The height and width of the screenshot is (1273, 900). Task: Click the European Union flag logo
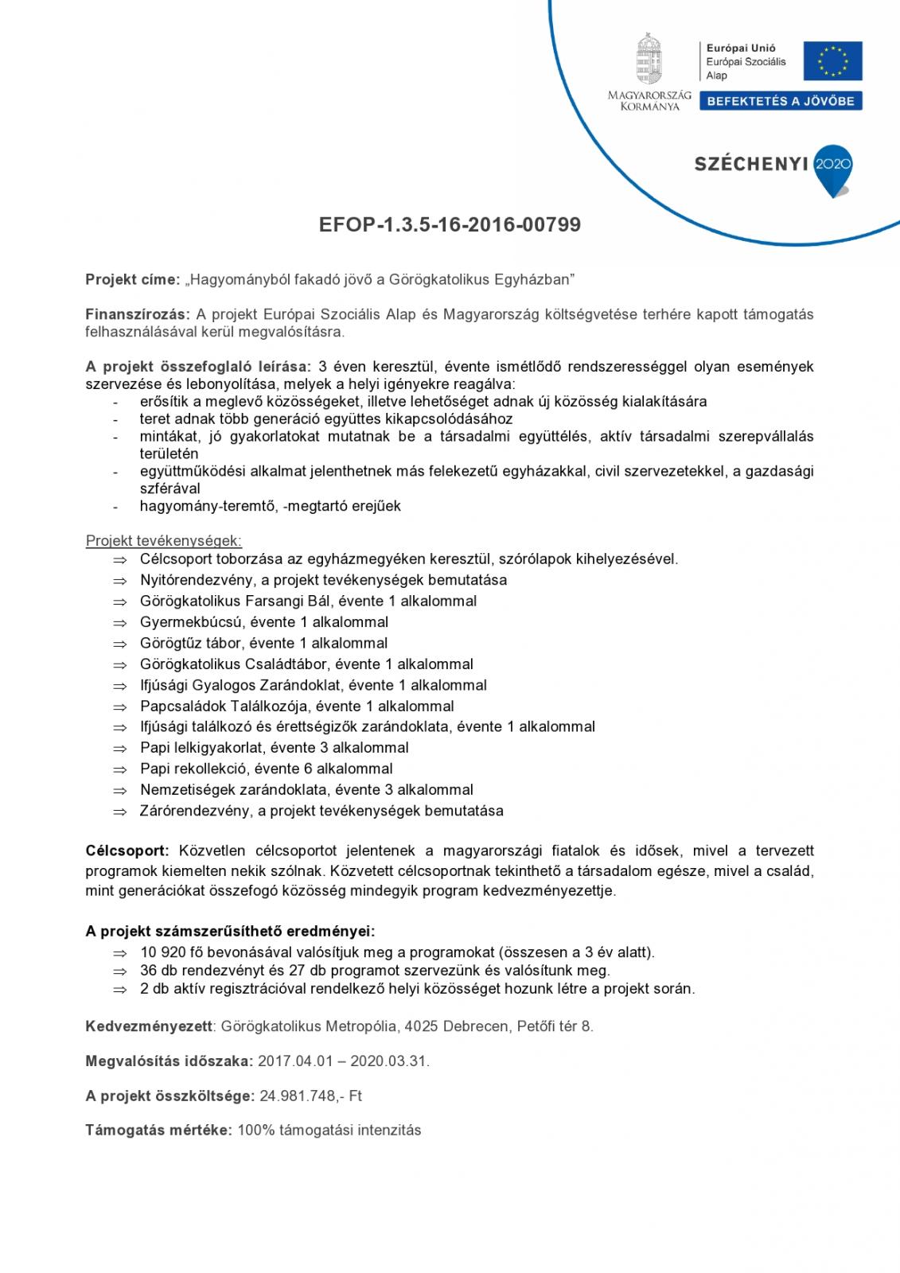coord(832,61)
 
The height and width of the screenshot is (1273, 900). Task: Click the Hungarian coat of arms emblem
coord(649,59)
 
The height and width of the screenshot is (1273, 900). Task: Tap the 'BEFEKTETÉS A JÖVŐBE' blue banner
coord(780,101)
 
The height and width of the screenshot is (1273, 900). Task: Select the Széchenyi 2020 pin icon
coord(833,170)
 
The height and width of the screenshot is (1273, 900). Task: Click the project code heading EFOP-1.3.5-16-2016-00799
coord(450,225)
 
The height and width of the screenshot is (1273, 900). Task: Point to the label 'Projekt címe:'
coord(133,279)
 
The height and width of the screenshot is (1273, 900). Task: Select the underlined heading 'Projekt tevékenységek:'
coord(163,541)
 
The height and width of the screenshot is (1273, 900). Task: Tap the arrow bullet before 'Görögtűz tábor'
coord(119,644)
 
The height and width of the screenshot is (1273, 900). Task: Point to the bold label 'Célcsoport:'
coord(127,851)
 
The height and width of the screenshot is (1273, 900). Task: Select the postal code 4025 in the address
coord(421,1026)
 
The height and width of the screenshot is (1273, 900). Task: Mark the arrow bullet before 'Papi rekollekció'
coord(119,769)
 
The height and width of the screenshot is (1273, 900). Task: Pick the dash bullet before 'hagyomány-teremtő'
coord(117,507)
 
